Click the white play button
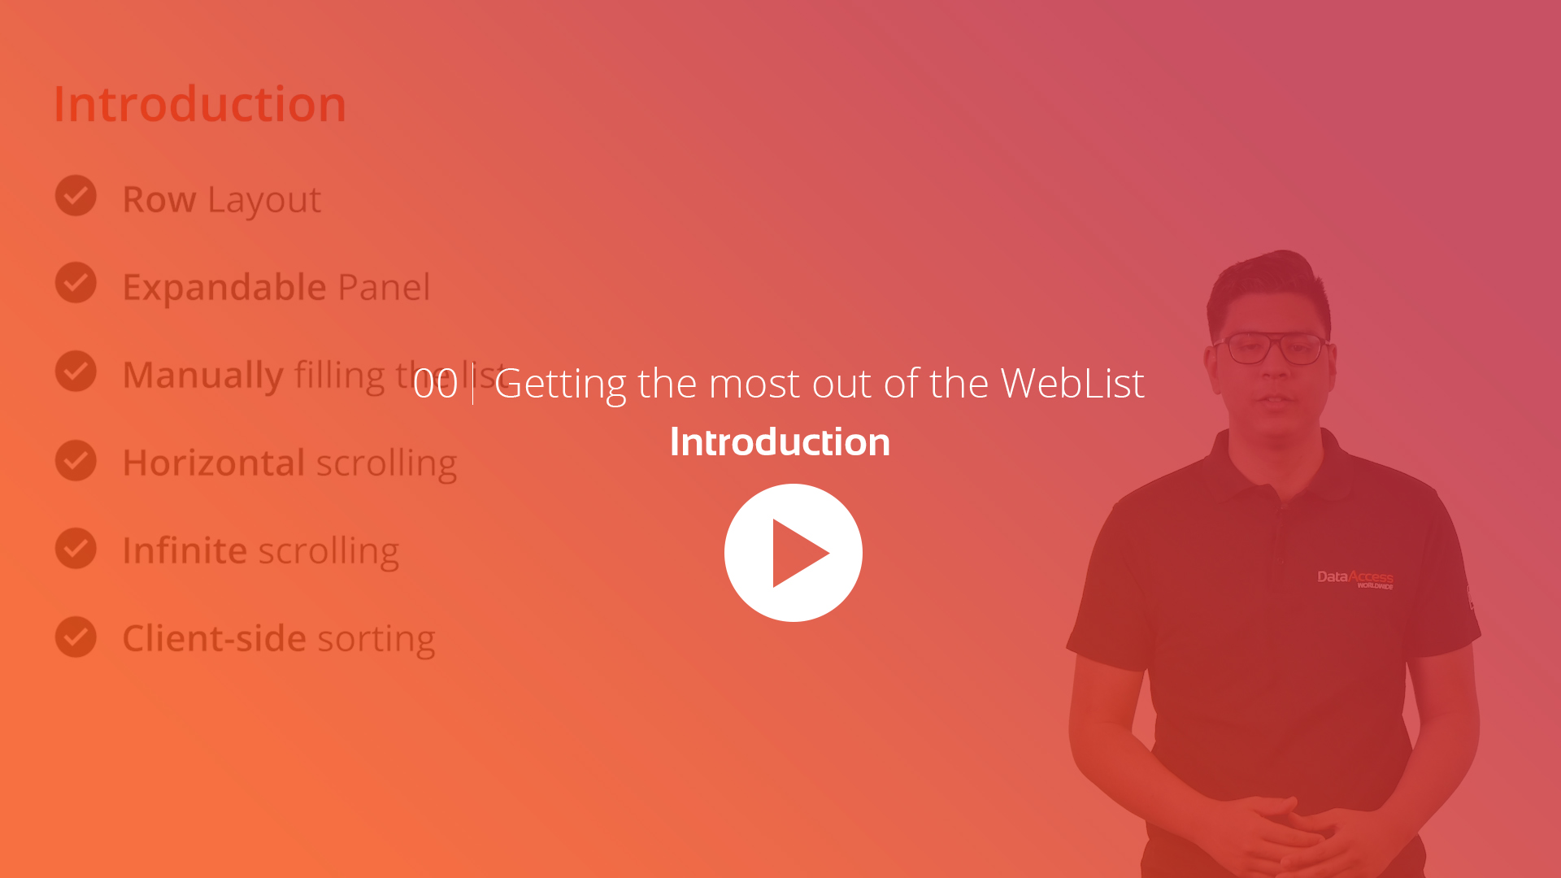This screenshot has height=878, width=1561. [x=793, y=553]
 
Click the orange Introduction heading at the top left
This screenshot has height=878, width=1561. [x=200, y=104]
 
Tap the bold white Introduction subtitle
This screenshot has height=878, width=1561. [x=780, y=442]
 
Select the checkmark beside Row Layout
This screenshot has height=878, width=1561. [x=76, y=196]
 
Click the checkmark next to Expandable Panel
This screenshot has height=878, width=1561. [x=76, y=283]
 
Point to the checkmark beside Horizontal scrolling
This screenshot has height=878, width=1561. [x=76, y=460]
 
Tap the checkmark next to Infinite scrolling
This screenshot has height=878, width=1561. [x=76, y=548]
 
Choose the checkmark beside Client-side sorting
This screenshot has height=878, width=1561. [x=76, y=637]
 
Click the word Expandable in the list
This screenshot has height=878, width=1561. [x=224, y=288]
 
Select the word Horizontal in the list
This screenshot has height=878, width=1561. [x=214, y=463]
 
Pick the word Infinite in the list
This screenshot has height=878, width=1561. [x=185, y=550]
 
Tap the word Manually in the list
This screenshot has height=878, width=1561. [x=202, y=376]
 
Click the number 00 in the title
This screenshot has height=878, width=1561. [x=435, y=384]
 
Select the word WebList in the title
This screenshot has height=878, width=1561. [x=1072, y=383]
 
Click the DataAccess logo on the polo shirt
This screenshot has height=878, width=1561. [x=1354, y=579]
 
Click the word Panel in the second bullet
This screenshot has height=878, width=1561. [x=384, y=288]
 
